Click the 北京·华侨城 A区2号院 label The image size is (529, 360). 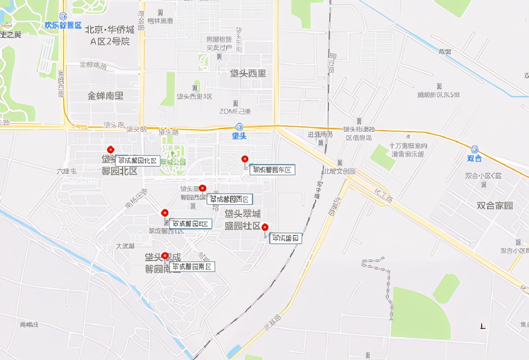(x=110, y=35)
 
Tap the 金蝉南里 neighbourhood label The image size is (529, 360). (x=105, y=95)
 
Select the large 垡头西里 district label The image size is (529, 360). (x=248, y=73)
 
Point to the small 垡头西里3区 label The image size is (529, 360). (x=194, y=96)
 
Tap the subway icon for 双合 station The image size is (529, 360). (x=474, y=149)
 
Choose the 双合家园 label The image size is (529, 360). (x=495, y=205)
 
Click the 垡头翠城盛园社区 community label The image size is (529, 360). (x=243, y=219)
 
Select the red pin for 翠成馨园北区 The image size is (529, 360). (x=111, y=150)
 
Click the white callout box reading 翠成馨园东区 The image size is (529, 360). (x=272, y=169)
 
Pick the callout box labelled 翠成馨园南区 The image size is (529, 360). (x=192, y=267)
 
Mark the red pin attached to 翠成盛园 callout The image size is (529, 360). (x=264, y=227)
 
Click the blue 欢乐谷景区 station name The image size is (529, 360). (x=63, y=25)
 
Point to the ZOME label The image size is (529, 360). (x=235, y=112)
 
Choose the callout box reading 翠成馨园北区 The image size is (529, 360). (x=137, y=161)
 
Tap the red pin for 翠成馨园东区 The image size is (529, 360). (x=245, y=159)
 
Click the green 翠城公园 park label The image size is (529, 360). (x=173, y=162)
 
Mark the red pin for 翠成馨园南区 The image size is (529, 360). (x=165, y=256)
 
